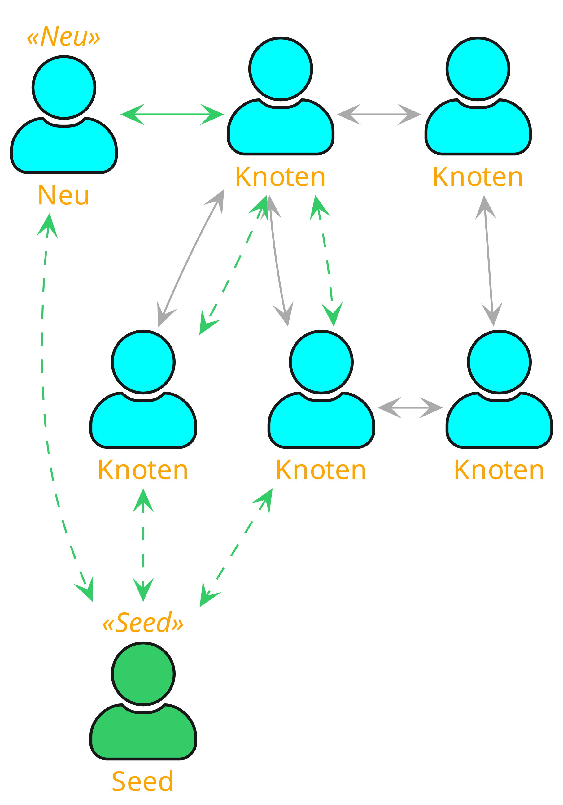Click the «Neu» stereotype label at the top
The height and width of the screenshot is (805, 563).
[x=64, y=37]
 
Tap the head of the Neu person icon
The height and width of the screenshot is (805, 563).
[x=64, y=88]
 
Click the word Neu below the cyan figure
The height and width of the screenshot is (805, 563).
[x=64, y=195]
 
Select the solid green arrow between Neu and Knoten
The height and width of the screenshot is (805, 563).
[x=172, y=114]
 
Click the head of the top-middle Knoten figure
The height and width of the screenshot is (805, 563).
[x=281, y=69]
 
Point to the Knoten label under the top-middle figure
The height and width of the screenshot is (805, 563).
[x=281, y=177]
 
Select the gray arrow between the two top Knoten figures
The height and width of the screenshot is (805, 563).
[x=379, y=114]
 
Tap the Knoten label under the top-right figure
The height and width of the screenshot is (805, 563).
[x=478, y=177]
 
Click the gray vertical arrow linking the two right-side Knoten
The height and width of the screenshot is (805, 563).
[x=489, y=261]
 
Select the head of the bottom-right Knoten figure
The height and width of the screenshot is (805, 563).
[x=499, y=362]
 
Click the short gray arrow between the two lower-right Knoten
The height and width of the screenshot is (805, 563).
[x=410, y=408]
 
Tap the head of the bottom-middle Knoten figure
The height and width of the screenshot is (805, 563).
[x=321, y=362]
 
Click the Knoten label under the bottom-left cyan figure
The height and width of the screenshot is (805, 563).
[x=143, y=470]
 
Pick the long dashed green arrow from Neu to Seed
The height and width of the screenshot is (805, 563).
[x=43, y=386]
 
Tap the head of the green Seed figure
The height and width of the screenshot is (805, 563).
[x=143, y=673]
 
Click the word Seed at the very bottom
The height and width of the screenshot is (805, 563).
[x=142, y=781]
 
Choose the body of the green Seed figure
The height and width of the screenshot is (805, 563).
[x=143, y=736]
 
